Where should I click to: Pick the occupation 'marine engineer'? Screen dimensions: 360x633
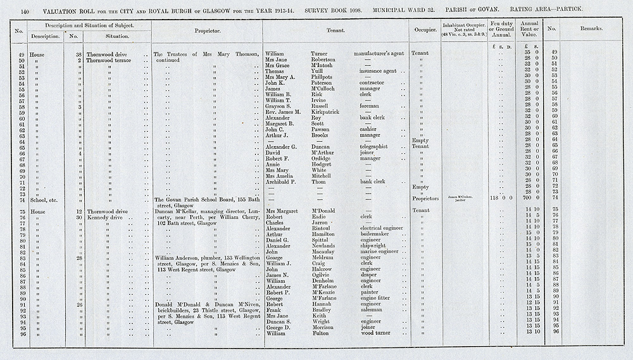point(379,251)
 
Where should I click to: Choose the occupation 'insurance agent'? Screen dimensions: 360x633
point(379,71)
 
